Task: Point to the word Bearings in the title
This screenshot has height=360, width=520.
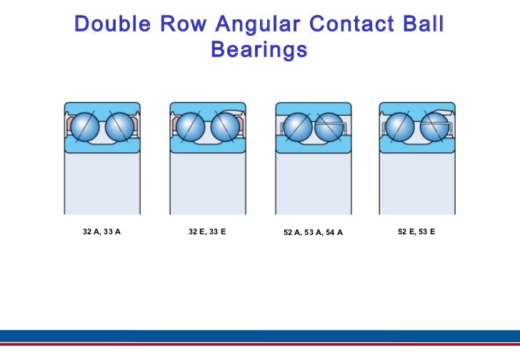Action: tap(259, 50)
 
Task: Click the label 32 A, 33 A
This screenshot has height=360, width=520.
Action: tap(101, 232)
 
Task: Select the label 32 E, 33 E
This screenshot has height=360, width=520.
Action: tap(207, 232)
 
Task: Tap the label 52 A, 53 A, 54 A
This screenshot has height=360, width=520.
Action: tap(313, 233)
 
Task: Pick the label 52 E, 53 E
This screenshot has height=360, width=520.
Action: tap(416, 232)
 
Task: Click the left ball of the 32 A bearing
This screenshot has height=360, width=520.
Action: tap(86, 127)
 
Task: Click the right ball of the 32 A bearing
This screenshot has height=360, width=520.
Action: tap(119, 127)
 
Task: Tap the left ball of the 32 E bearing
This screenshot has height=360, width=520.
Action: tap(191, 127)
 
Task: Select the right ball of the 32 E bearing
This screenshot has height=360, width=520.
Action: tap(225, 127)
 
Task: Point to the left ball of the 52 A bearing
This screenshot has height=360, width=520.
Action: tap(297, 127)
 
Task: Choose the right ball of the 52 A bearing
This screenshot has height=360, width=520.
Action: tap(329, 127)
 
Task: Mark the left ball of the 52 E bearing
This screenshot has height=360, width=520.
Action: tap(400, 127)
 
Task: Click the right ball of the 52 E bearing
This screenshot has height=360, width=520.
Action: tap(434, 127)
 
